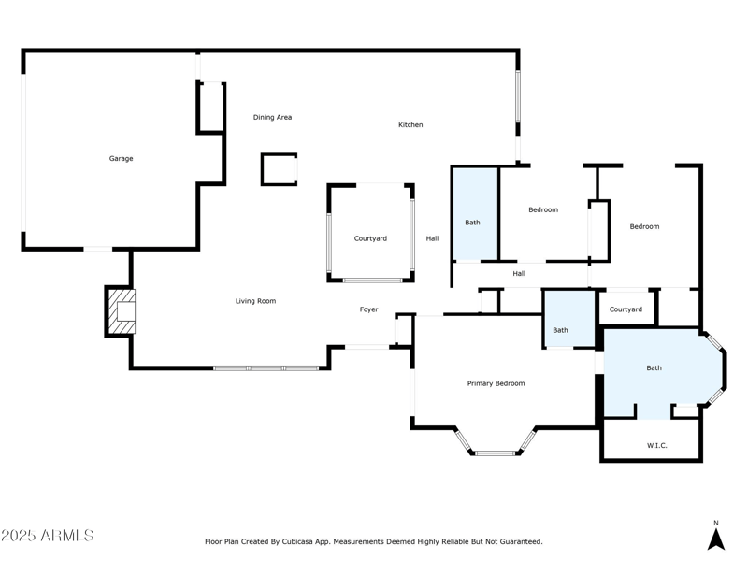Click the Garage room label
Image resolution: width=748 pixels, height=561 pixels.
(121, 159)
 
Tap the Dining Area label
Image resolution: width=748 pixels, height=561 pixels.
(272, 118)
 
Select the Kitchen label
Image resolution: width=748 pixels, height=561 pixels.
(410, 125)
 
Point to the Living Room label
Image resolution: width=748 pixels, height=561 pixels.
(255, 301)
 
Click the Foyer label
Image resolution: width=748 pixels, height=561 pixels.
(369, 309)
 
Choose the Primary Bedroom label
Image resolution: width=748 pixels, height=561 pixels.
(496, 383)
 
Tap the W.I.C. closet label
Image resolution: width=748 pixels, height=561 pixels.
(656, 445)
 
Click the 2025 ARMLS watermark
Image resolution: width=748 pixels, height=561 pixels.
(48, 536)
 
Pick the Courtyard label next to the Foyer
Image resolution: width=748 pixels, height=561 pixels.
(370, 239)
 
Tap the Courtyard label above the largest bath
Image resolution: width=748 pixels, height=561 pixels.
(626, 309)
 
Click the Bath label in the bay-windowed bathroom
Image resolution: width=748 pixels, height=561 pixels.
(654, 368)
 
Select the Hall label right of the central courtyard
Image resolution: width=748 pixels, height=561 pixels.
(432, 239)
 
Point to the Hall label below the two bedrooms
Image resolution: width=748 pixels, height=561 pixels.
(519, 274)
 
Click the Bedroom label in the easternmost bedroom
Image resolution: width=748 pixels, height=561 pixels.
(644, 227)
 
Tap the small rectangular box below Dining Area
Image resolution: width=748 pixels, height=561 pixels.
(279, 169)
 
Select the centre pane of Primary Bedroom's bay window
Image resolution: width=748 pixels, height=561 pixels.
(496, 453)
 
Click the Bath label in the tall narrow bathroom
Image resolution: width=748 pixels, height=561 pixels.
(472, 223)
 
